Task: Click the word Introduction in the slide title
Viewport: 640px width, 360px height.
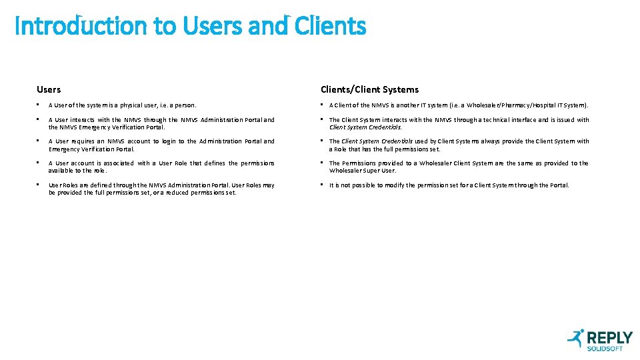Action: pyautogui.click(x=81, y=26)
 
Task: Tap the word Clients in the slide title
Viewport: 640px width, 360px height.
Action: pyautogui.click(x=330, y=26)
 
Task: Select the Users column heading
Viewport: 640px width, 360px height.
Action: pyautogui.click(x=49, y=89)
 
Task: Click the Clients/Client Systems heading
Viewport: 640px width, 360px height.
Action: pyautogui.click(x=369, y=89)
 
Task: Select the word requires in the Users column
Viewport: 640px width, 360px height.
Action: pyautogui.click(x=85, y=141)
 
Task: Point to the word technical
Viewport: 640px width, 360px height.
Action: pyautogui.click(x=490, y=120)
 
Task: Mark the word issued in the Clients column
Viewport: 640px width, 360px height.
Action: pyautogui.click(x=562, y=120)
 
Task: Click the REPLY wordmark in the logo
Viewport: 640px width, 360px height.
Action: pyautogui.click(x=609, y=337)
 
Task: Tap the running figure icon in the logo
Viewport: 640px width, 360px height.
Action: pyautogui.click(x=575, y=338)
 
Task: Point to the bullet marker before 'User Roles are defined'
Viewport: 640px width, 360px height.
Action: pyautogui.click(x=39, y=185)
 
